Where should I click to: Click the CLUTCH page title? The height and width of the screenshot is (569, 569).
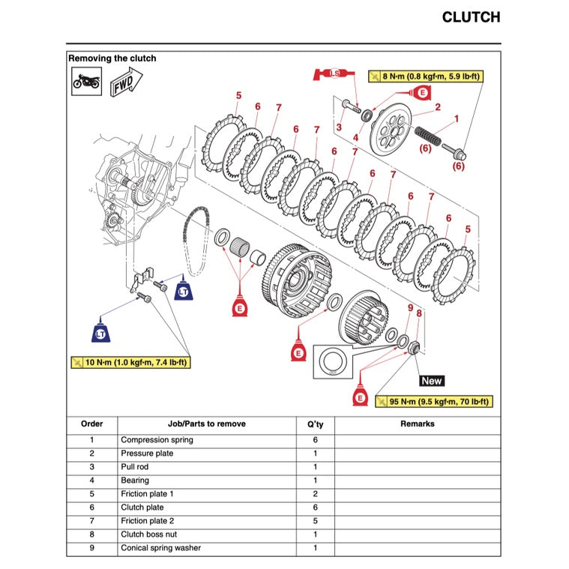(470, 17)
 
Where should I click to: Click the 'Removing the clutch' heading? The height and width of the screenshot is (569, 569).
(112, 58)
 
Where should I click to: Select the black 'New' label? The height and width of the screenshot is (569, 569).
(432, 381)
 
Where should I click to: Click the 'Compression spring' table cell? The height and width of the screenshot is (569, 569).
(157, 440)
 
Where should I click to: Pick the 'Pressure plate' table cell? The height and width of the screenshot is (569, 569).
(147, 454)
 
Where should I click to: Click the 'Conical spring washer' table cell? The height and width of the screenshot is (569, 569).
(160, 548)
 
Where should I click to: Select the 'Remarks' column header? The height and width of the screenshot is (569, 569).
(417, 424)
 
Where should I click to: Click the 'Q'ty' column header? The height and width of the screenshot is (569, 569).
(315, 424)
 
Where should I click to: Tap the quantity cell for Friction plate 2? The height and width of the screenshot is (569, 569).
(315, 521)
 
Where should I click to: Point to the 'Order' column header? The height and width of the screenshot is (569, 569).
(91, 424)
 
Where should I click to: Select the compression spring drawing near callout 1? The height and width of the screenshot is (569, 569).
(424, 138)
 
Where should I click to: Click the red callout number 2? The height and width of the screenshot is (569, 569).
(437, 107)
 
